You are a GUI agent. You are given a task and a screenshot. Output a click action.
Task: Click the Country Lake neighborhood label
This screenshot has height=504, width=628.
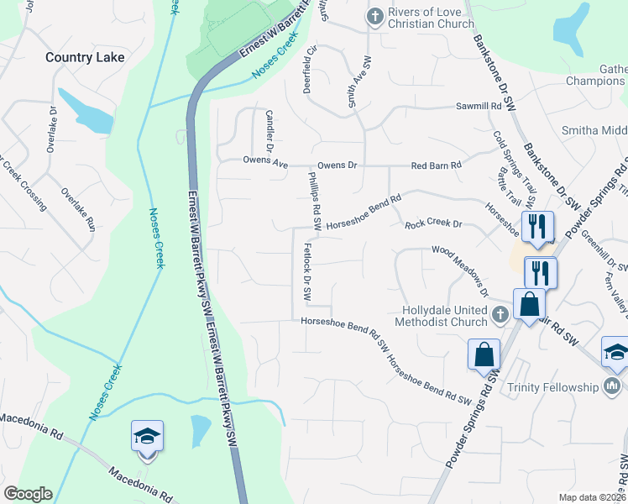coord(85,57)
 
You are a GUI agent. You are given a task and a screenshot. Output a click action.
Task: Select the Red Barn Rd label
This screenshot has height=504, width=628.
coord(437,165)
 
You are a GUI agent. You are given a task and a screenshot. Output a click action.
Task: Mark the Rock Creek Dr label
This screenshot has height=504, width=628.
coord(433,224)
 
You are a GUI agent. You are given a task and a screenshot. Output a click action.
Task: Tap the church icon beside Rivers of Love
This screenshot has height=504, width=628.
coord(374,16)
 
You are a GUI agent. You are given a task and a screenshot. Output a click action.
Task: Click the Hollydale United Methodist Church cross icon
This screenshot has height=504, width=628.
coord(500,315)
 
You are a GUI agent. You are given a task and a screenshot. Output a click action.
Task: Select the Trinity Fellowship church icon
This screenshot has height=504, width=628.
coord(612,386)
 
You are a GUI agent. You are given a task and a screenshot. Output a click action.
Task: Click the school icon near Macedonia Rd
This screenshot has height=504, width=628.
coord(147,436)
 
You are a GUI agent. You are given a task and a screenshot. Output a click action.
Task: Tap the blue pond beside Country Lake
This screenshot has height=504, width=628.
coord(86,112)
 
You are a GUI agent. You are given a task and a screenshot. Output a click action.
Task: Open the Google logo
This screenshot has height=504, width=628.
coord(28,494)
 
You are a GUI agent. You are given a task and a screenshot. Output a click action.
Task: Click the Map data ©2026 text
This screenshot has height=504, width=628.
coord(593,497)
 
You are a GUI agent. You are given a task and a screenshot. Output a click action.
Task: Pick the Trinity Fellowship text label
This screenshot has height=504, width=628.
coord(553,387)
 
